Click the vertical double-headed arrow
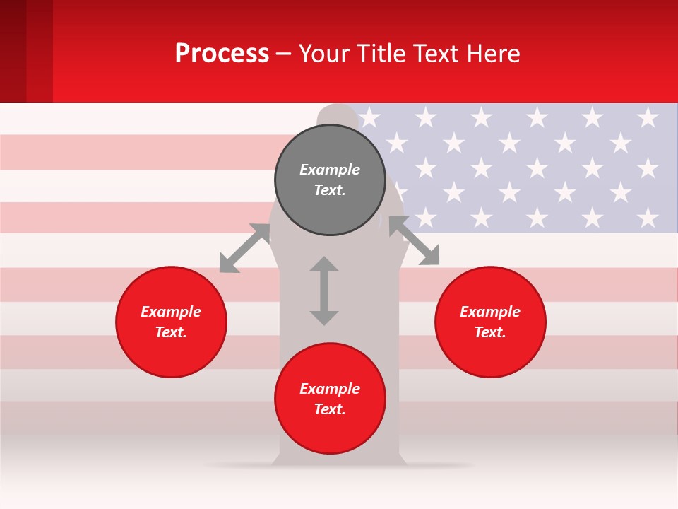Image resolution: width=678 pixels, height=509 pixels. [324, 291]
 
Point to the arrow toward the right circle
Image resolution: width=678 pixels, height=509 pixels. [414, 241]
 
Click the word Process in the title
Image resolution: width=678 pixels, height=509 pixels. [222, 54]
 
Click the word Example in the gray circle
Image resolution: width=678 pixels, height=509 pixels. [330, 170]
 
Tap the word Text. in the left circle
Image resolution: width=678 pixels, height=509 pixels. [171, 332]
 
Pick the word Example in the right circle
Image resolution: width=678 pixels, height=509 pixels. [490, 312]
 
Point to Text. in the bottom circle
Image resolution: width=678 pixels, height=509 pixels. [330, 409]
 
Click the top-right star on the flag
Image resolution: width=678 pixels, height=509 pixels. [648, 117]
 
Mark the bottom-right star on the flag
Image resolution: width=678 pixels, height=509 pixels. [648, 217]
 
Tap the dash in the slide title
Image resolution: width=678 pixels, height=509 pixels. [284, 54]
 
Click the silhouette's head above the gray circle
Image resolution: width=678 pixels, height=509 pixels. [338, 116]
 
